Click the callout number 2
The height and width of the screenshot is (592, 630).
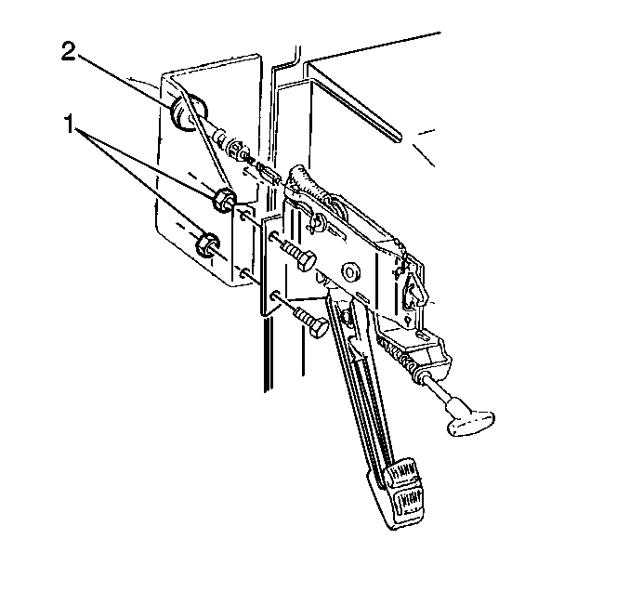pyautogui.click(x=69, y=52)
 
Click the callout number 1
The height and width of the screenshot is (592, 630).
pyautogui.click(x=70, y=124)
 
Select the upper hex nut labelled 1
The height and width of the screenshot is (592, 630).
pyautogui.click(x=223, y=199)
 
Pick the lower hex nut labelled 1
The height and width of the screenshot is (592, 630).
pyautogui.click(x=206, y=243)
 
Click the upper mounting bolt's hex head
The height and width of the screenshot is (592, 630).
pyautogui.click(x=306, y=261)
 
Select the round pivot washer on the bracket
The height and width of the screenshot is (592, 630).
pyautogui.click(x=350, y=273)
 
